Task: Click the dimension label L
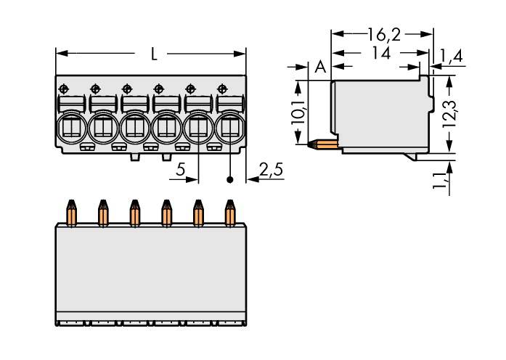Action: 153,54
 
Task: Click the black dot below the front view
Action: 231,179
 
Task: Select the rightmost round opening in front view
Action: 229,128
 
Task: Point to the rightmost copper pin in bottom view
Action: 230,213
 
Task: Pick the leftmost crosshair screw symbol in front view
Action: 63,88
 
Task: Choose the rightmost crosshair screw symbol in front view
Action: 221,88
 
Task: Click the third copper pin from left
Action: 134,213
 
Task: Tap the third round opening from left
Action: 134,128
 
